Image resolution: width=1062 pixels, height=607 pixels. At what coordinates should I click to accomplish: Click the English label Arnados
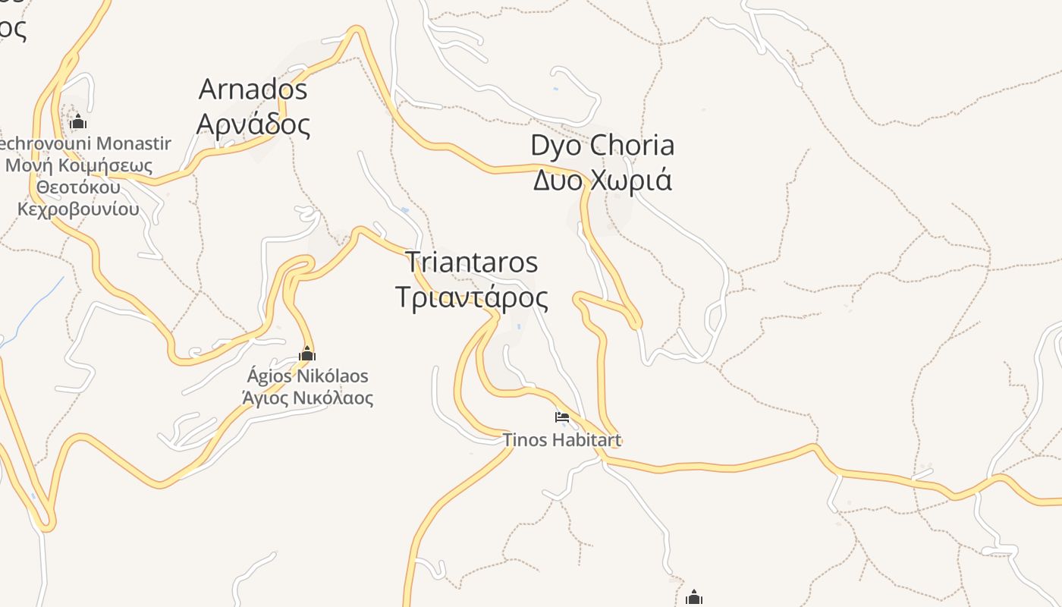click(253, 90)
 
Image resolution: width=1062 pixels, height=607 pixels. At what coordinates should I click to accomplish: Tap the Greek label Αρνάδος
click(253, 124)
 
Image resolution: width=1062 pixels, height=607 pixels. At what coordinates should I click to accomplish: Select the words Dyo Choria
click(602, 145)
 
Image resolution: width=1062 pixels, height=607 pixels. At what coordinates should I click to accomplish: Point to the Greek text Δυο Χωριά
click(602, 181)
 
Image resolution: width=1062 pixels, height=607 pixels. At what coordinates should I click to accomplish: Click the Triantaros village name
click(472, 263)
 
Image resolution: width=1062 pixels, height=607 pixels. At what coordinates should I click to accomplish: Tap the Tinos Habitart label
click(562, 440)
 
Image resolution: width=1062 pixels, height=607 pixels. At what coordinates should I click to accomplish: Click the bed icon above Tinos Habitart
click(562, 417)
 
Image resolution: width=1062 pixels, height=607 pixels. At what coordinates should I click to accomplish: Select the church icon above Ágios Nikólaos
click(307, 354)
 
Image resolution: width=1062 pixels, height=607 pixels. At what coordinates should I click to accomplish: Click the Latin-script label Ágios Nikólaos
click(307, 376)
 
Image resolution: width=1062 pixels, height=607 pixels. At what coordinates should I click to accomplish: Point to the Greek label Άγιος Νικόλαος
click(307, 398)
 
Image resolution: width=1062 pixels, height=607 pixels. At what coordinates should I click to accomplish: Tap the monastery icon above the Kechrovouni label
click(78, 121)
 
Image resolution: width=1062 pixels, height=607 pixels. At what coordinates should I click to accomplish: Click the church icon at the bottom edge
click(693, 598)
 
